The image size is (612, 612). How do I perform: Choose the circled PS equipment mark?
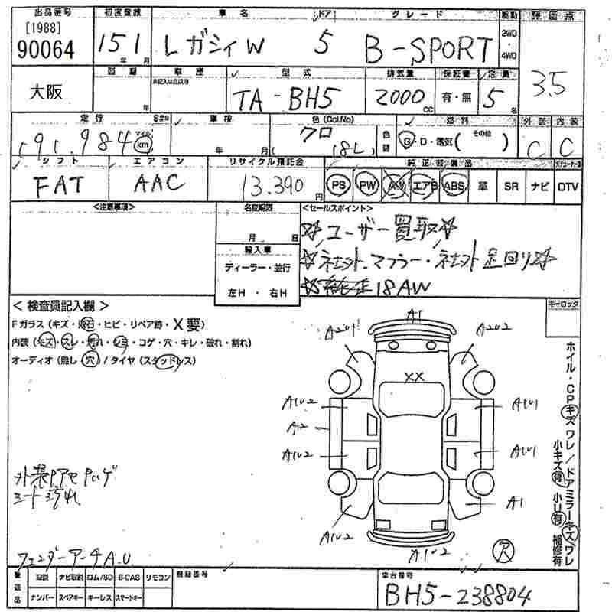337,186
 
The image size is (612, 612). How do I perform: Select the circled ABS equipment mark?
455,186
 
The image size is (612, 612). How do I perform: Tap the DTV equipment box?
568,186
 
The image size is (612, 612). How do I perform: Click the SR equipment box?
511,186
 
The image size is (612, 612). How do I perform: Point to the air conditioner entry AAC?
159,182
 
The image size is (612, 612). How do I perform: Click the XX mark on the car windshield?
414,376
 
